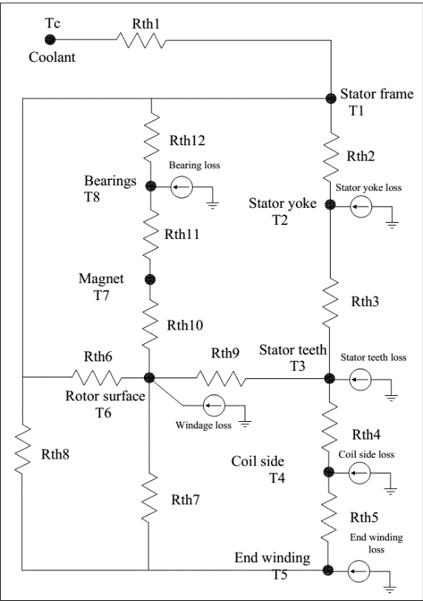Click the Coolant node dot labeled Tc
click(50, 40)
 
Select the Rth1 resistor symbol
click(141, 40)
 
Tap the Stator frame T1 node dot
click(331, 98)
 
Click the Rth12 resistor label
click(188, 141)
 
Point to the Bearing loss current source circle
click(182, 187)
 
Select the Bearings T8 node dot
click(151, 187)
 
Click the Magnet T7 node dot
click(150, 279)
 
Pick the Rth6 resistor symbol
click(97, 377)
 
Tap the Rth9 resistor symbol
click(221, 378)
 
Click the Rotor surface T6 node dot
click(149, 378)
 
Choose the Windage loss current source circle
click(214, 406)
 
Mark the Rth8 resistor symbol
click(22, 450)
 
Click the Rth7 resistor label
click(185, 500)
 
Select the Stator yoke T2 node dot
click(330, 205)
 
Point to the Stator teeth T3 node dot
click(329, 379)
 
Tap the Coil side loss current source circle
click(360, 473)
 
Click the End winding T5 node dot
click(328, 570)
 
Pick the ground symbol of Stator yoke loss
click(392, 225)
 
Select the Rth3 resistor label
click(365, 302)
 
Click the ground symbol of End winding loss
click(390, 589)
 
